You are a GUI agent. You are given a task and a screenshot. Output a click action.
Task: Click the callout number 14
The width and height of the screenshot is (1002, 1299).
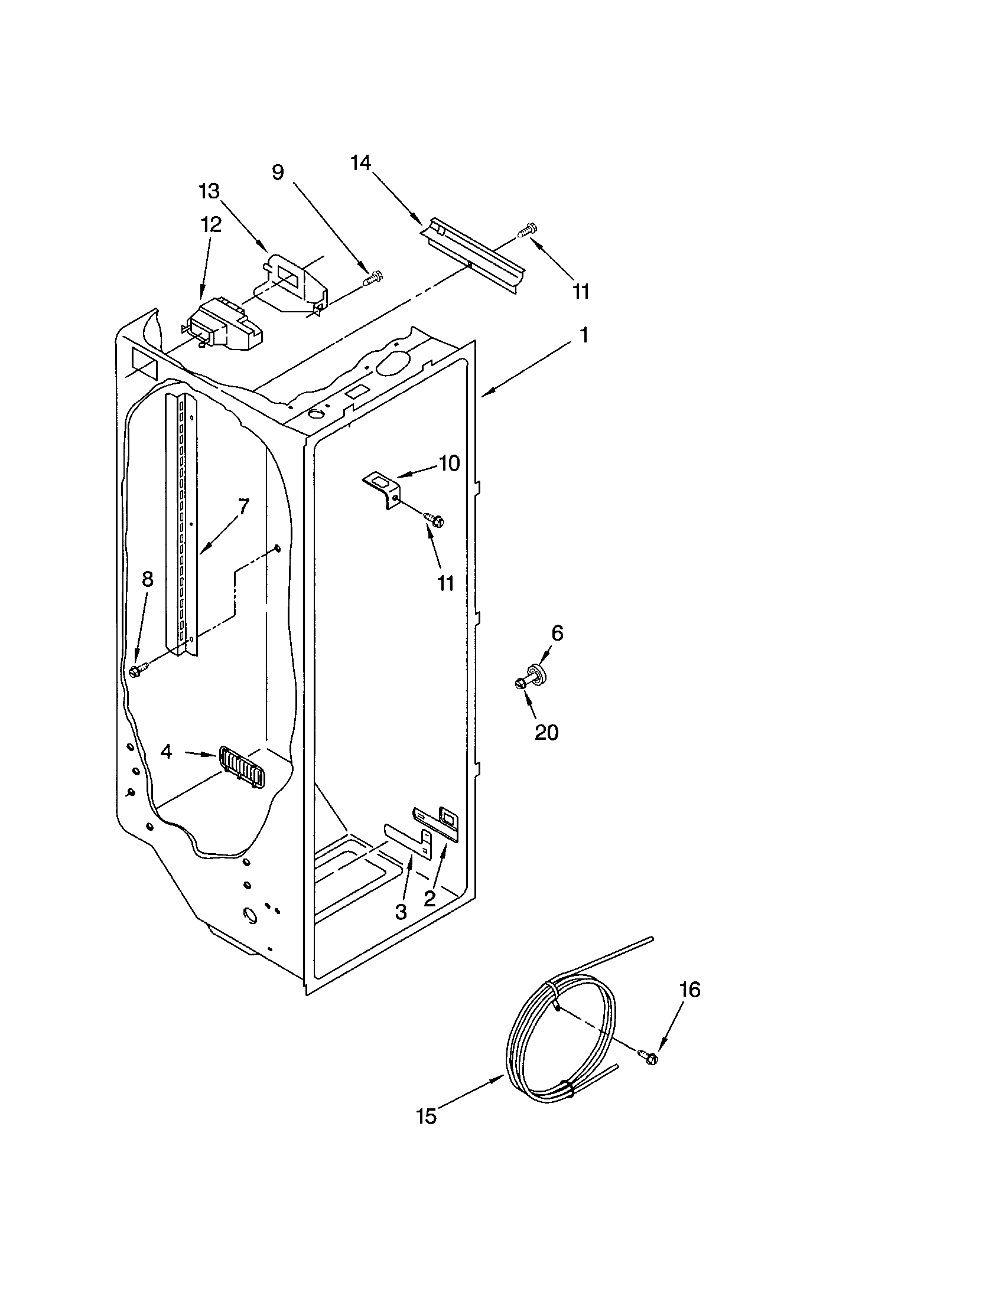pyautogui.click(x=360, y=162)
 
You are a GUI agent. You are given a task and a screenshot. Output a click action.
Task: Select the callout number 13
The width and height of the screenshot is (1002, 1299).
pyautogui.click(x=209, y=191)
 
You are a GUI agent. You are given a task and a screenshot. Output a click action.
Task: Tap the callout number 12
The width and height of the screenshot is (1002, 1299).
pyautogui.click(x=210, y=225)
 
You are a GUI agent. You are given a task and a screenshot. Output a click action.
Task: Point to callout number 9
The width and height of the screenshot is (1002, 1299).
pyautogui.click(x=278, y=172)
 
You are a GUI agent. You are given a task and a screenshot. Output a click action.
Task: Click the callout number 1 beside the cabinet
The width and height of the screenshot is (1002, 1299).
pyautogui.click(x=584, y=335)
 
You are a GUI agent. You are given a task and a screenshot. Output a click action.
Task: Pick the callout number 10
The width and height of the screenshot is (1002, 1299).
pyautogui.click(x=449, y=464)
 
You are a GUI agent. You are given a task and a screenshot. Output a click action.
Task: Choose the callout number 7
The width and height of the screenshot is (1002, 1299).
pyautogui.click(x=243, y=506)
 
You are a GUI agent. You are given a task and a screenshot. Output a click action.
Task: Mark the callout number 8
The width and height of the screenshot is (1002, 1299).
pyautogui.click(x=147, y=579)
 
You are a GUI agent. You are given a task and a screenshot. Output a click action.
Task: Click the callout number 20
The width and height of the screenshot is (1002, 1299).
pyautogui.click(x=546, y=732)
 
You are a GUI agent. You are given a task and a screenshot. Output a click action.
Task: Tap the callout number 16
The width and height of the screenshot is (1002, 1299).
pyautogui.click(x=689, y=990)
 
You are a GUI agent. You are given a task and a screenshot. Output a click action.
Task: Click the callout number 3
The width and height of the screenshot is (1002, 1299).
pyautogui.click(x=401, y=911)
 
